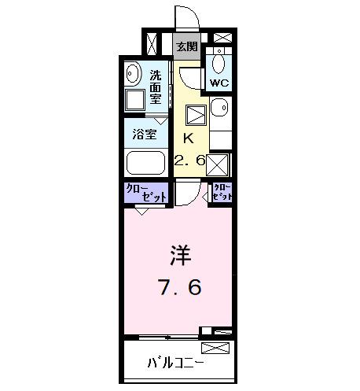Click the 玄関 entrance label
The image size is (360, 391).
(186, 46)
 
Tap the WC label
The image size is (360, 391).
(218, 82)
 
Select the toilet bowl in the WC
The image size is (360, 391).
(219, 62)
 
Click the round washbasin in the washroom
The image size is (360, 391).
(133, 76)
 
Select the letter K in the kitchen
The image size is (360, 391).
(187, 138)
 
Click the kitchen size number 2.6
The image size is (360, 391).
(189, 160)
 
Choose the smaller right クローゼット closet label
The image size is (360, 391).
(222, 191)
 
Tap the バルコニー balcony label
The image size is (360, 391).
(175, 364)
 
